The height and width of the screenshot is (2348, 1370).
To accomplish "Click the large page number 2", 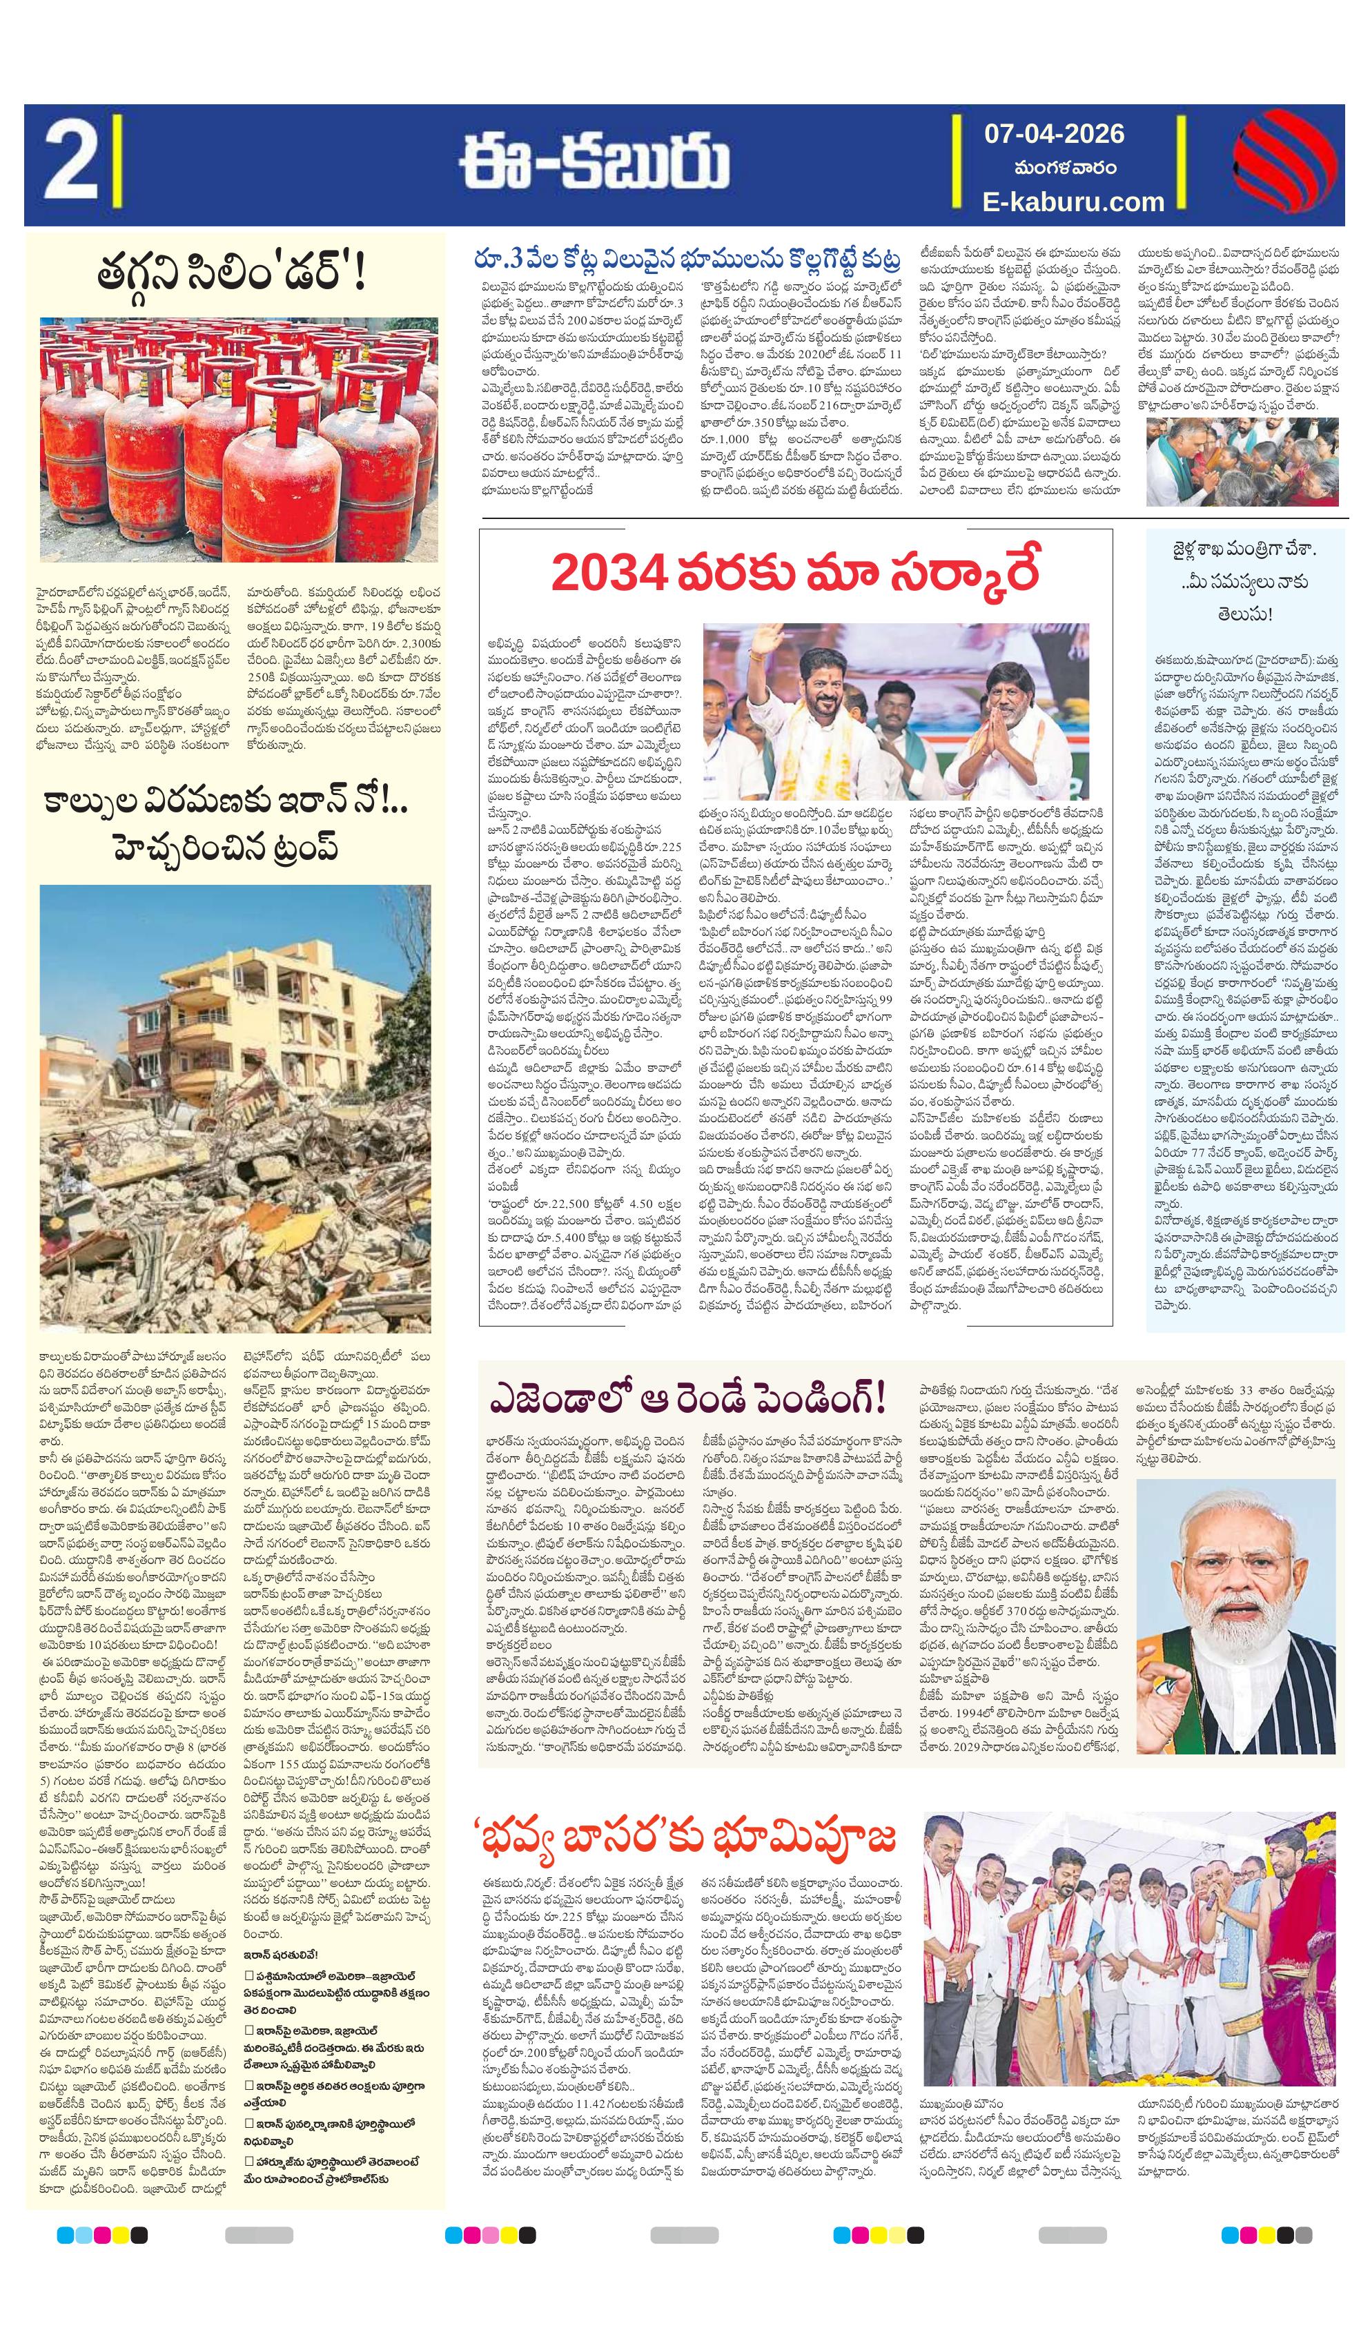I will (x=70, y=164).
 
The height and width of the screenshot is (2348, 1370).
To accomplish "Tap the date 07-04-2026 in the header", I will (x=1054, y=133).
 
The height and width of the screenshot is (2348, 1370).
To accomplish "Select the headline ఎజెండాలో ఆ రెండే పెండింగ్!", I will (x=689, y=1398).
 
